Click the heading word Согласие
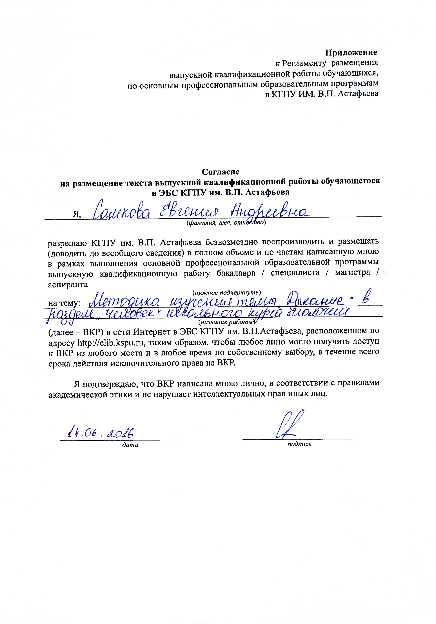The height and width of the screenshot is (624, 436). tap(220, 172)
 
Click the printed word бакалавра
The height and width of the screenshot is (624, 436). tap(236, 273)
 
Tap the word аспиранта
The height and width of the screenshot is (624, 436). tap(68, 285)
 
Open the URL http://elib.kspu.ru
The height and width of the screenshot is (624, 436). tap(110, 342)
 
